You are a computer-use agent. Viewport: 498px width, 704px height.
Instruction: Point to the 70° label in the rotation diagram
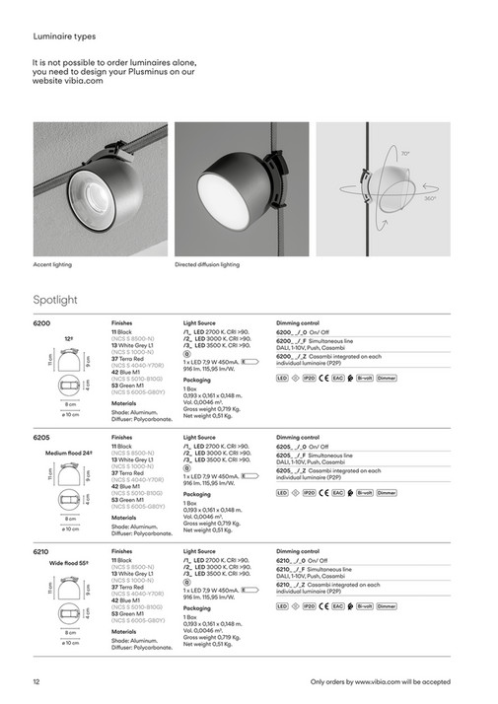coord(406,154)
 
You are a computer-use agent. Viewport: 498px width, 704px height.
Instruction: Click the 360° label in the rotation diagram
coord(429,198)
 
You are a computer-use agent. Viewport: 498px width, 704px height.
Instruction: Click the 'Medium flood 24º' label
coord(70,453)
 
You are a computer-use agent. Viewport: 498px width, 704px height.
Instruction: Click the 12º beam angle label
coord(69,337)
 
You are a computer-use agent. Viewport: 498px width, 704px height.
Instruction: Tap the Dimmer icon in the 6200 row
coord(387,377)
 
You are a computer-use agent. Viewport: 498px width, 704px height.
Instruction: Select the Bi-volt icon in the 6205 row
coord(364,491)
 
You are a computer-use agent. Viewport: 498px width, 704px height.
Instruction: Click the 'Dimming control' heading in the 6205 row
coord(298,436)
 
